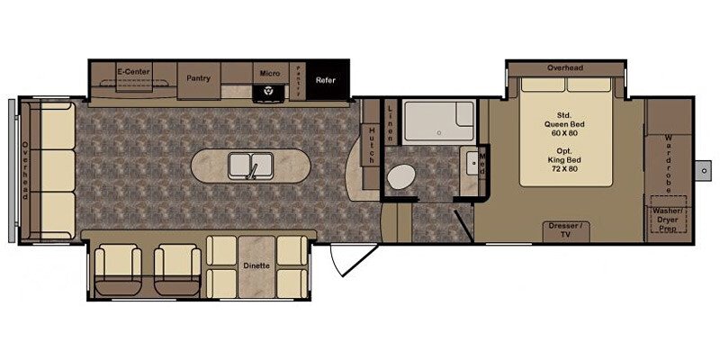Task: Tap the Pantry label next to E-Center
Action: (198, 77)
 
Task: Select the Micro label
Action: (268, 73)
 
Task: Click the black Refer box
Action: (325, 80)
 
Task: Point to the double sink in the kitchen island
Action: (251, 166)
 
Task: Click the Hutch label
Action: (371, 144)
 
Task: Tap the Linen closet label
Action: (391, 122)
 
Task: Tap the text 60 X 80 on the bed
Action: (564, 133)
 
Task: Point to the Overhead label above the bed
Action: (565, 68)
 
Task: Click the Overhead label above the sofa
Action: (26, 171)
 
